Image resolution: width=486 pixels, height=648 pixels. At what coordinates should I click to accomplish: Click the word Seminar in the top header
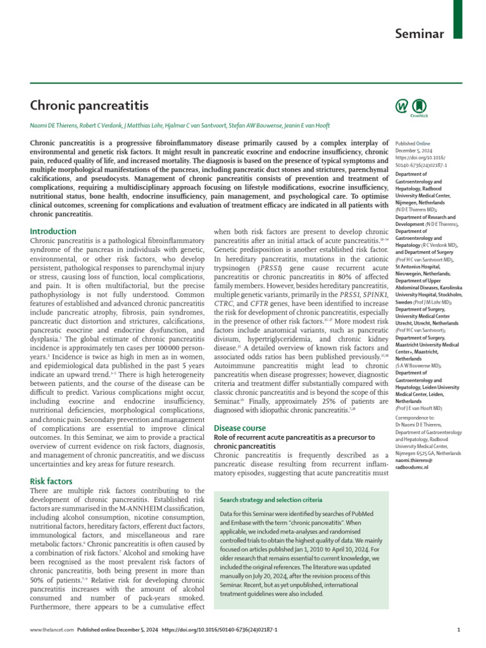click(x=420, y=34)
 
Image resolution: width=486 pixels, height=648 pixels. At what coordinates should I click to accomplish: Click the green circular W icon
click(x=401, y=105)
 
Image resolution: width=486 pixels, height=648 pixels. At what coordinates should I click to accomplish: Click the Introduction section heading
click(x=53, y=232)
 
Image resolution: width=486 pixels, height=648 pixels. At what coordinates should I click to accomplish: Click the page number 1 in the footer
click(x=458, y=630)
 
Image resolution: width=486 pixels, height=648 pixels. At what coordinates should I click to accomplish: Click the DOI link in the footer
click(x=220, y=630)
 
